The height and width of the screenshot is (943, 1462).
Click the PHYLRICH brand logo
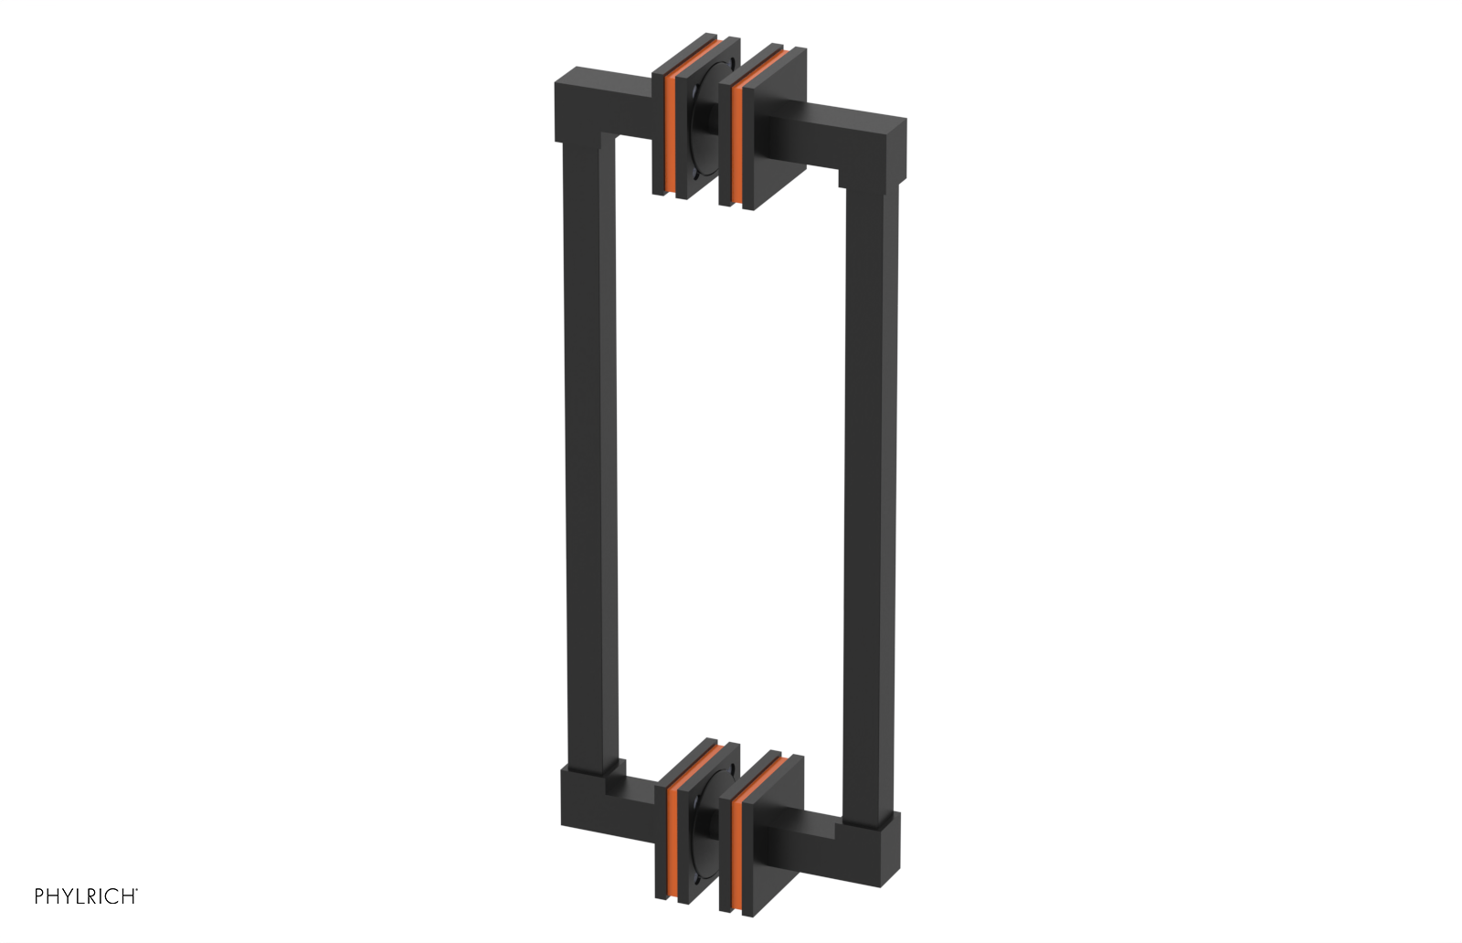tap(86, 896)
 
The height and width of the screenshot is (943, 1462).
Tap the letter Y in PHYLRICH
tap(66, 896)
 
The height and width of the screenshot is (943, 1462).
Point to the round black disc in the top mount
tap(704, 132)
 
